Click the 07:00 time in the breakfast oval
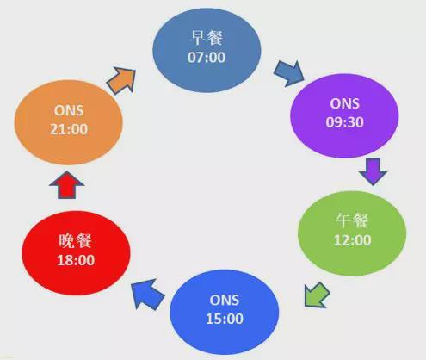coord(207,58)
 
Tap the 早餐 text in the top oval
coord(207,38)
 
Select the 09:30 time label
coord(344,122)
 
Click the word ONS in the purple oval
coord(344,103)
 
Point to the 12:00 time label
coord(352,240)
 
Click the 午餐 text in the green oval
coord(352,220)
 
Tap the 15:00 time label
coord(225,319)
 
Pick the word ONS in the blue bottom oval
coord(225,301)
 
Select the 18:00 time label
coord(76,260)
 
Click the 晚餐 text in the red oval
coord(75,240)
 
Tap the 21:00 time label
coord(69,129)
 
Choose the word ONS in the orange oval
coord(69,110)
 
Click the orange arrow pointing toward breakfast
coord(122,80)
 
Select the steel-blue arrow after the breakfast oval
coord(288,73)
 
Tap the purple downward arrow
coord(373,171)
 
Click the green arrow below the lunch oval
coord(317,295)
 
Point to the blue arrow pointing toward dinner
coord(147,295)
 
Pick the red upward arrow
coord(66,185)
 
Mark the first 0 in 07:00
coord(192,58)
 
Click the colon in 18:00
coord(76,261)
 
